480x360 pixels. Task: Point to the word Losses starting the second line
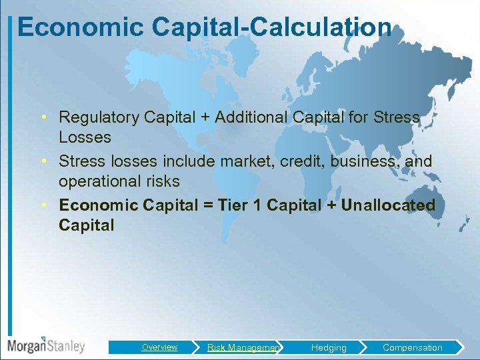pyautogui.click(x=85, y=137)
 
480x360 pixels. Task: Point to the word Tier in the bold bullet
pyautogui.click(x=231, y=205)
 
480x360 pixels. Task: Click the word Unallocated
pyautogui.click(x=387, y=205)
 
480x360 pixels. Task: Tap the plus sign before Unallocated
pyautogui.click(x=331, y=205)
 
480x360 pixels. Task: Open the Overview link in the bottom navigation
pyautogui.click(x=159, y=347)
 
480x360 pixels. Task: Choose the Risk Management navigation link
pyautogui.click(x=243, y=347)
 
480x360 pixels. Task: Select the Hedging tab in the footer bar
pyautogui.click(x=329, y=347)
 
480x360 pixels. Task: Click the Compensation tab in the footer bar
pyautogui.click(x=412, y=347)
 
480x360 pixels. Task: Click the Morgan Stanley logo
pyautogui.click(x=46, y=345)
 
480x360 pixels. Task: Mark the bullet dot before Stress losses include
pyautogui.click(x=43, y=161)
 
